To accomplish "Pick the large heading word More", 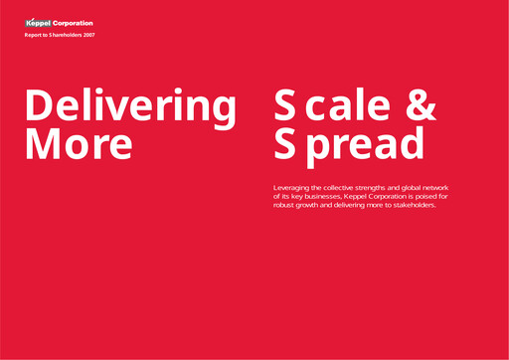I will click(x=78, y=143).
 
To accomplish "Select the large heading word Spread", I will click(x=349, y=143).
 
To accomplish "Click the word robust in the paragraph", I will click(x=285, y=206).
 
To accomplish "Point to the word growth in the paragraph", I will click(x=314, y=206).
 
